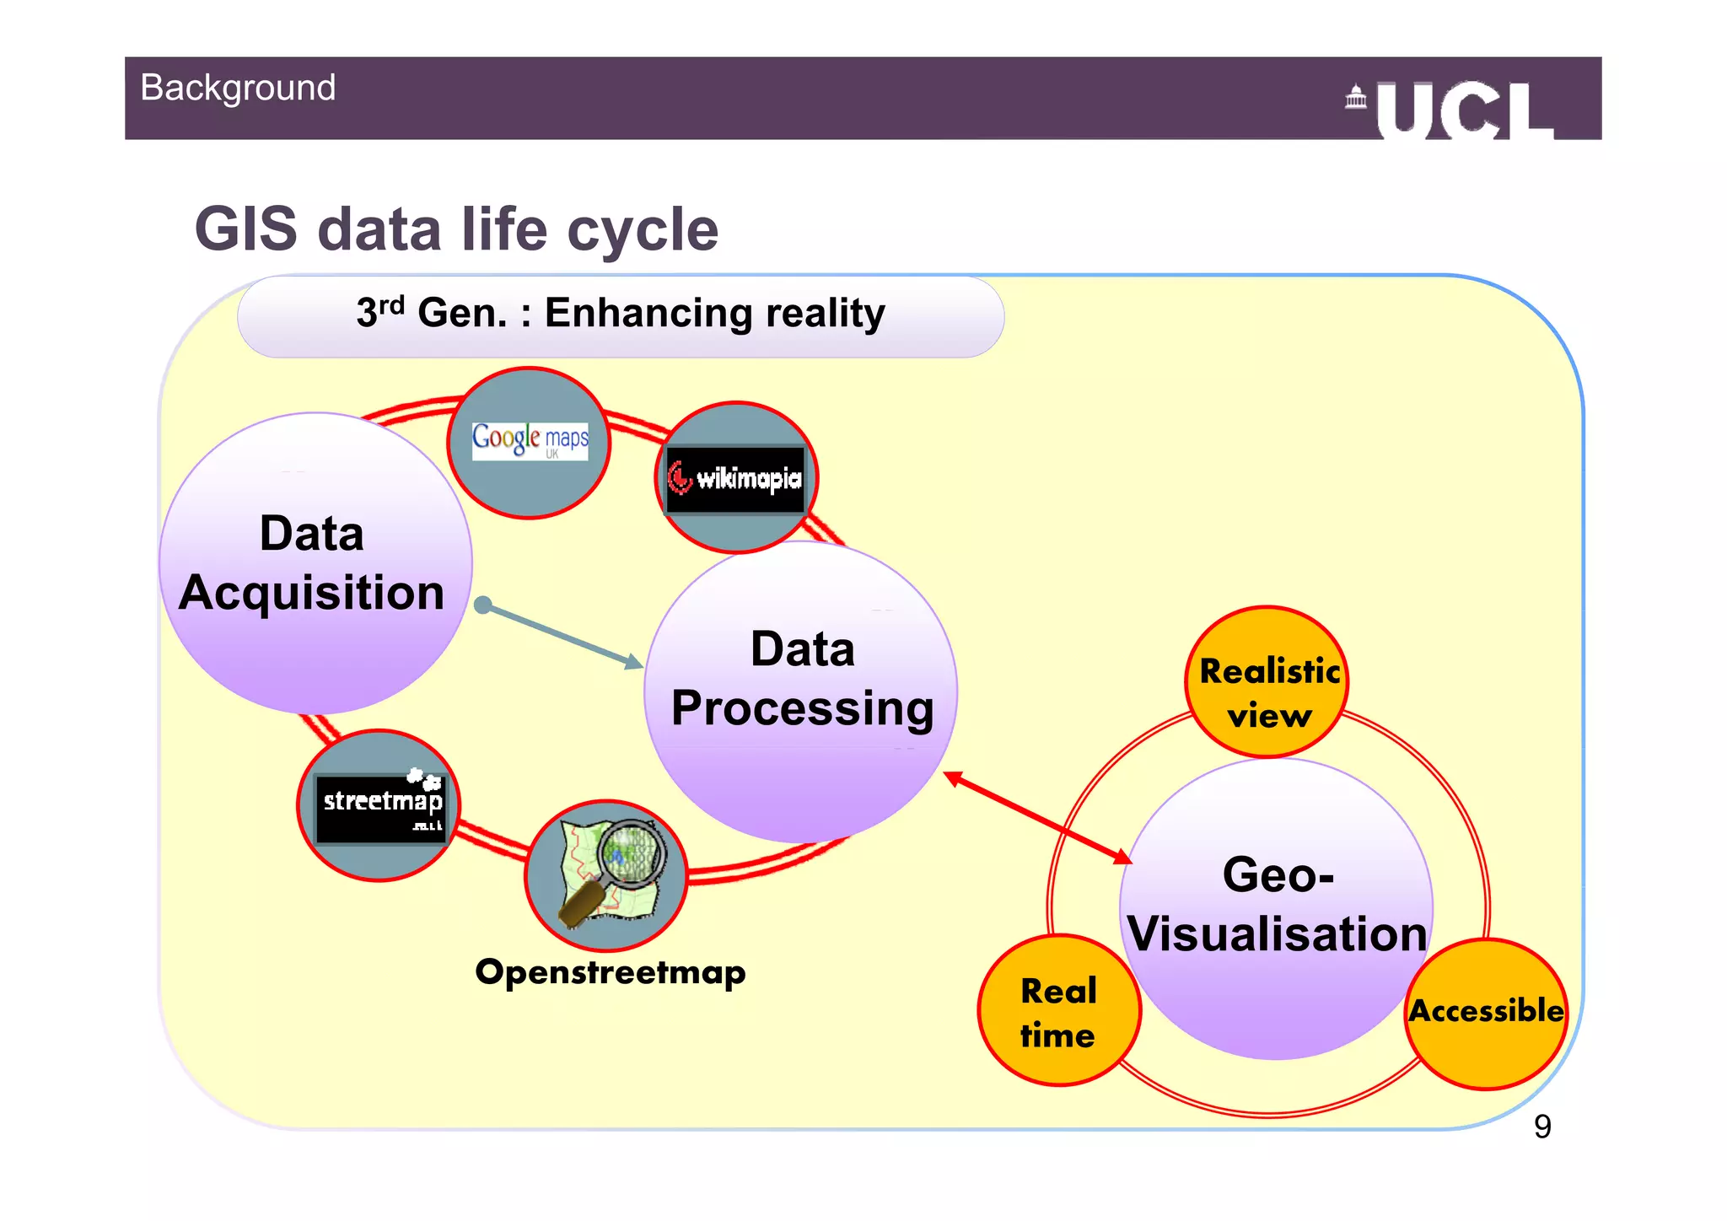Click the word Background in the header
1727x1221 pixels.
tap(238, 89)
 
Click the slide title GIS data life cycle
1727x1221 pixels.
tap(456, 229)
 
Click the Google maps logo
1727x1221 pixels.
tap(530, 440)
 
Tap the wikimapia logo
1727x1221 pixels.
tap(735, 479)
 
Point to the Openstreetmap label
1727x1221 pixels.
tap(611, 972)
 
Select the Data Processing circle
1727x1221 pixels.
tap(801, 691)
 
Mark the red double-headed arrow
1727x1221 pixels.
tap(1037, 818)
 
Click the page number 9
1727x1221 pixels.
tap(1542, 1127)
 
